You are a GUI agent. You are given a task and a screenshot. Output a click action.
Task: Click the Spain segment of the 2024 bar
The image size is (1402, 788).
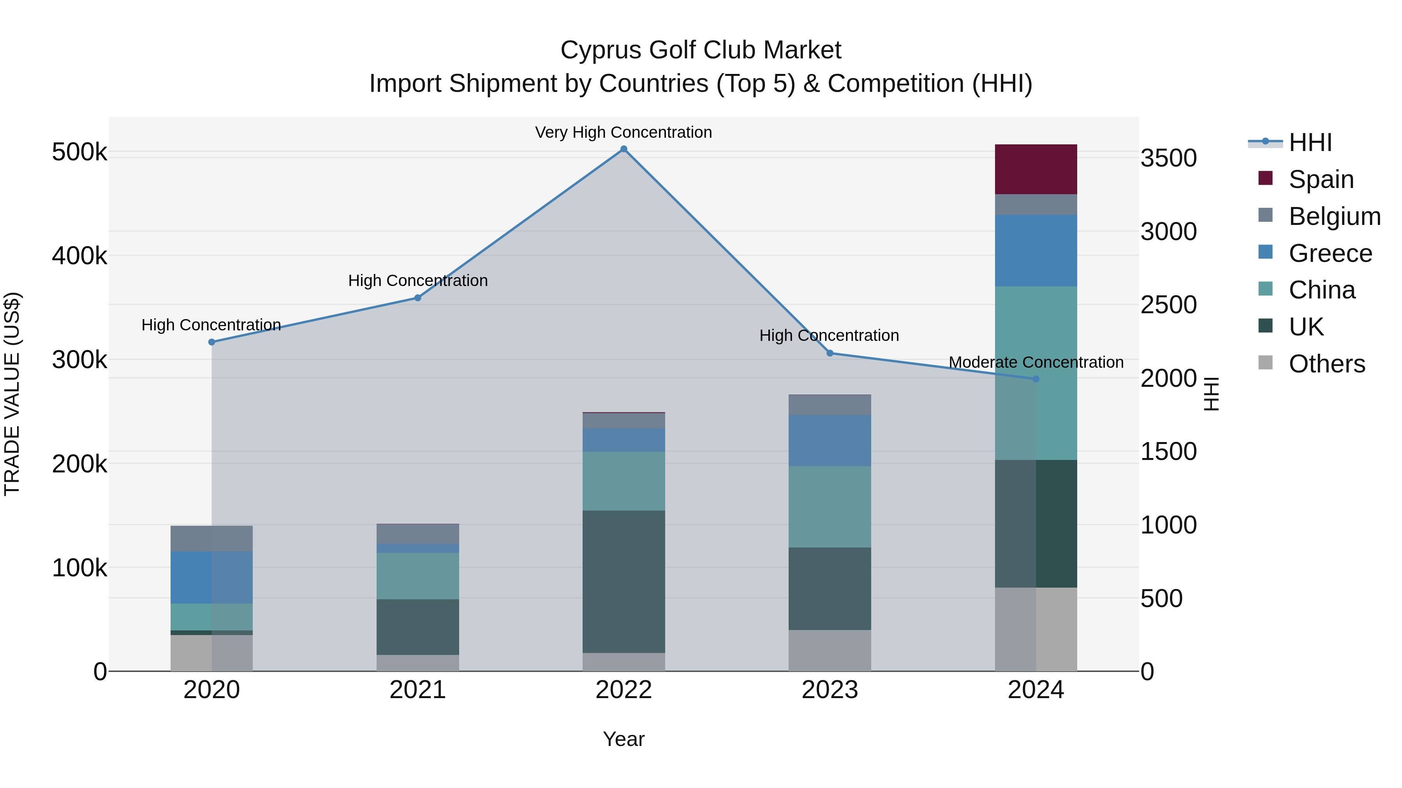tap(1036, 169)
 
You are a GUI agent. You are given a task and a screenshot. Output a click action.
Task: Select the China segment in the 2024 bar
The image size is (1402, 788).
tap(1036, 373)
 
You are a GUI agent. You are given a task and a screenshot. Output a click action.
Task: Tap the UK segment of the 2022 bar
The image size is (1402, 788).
tap(624, 581)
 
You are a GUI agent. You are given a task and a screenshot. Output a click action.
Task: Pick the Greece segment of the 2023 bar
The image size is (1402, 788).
tap(830, 440)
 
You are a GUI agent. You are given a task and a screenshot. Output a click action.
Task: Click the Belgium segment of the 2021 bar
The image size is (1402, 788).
tap(417, 534)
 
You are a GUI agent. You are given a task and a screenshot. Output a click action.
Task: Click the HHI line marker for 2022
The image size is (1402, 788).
tap(624, 149)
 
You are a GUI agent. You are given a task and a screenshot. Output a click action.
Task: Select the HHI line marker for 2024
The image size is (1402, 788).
tap(1036, 379)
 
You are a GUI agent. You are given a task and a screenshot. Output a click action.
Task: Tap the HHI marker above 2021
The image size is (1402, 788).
tap(417, 298)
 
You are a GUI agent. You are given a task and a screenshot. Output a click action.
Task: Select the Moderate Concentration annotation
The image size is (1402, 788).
tap(1036, 362)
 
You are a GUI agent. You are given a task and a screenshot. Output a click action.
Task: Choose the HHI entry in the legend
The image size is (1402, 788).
tap(1310, 142)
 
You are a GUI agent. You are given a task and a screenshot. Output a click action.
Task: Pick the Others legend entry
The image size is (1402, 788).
tap(1326, 364)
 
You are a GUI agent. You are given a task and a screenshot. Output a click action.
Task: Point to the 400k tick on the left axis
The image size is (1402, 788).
tap(79, 256)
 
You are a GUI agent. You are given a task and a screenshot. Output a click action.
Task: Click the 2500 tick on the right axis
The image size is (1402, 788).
tap(1168, 305)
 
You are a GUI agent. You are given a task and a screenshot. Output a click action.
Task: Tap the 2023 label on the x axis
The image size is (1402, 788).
tap(830, 690)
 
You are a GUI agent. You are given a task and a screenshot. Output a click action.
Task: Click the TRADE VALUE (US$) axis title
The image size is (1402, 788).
tap(12, 394)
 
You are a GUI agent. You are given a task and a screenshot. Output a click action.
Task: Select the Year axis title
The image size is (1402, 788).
tap(624, 739)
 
